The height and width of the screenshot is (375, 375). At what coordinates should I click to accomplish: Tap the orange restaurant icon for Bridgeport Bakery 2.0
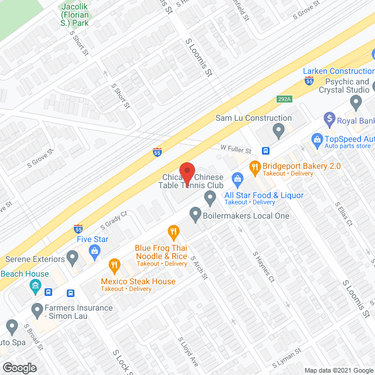254,166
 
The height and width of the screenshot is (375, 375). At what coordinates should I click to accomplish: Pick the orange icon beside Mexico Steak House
115,265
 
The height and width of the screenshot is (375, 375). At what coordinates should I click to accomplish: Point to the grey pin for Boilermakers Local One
196,216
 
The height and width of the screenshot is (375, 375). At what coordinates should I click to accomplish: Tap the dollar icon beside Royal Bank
329,121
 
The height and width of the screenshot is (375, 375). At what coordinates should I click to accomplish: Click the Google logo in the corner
19,367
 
